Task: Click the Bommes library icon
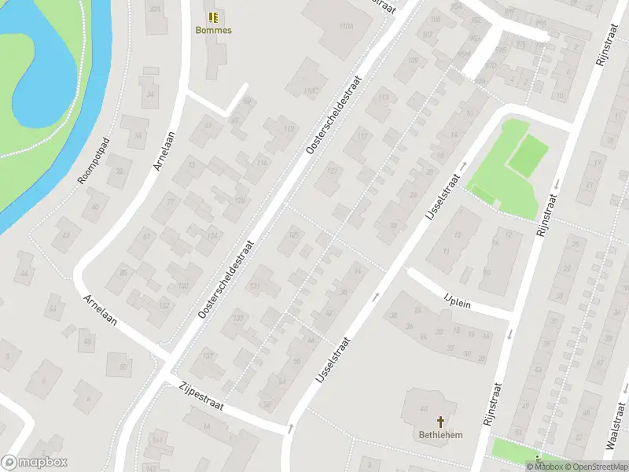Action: pyautogui.click(x=213, y=17)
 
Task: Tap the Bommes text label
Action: pyautogui.click(x=213, y=31)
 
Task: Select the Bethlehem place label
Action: pyautogui.click(x=440, y=435)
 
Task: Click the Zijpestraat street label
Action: pyautogui.click(x=202, y=396)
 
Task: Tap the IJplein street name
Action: pyautogui.click(x=457, y=300)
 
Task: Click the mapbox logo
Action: pyautogui.click(x=34, y=463)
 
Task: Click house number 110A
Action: pyautogui.click(x=346, y=26)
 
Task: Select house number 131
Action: pyautogui.click(x=255, y=286)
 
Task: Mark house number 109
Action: pyautogui.click(x=414, y=61)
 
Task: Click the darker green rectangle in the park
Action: pyautogui.click(x=529, y=154)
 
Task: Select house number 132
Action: pyautogui.click(x=164, y=304)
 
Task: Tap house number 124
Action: pyautogui.click(x=212, y=235)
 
